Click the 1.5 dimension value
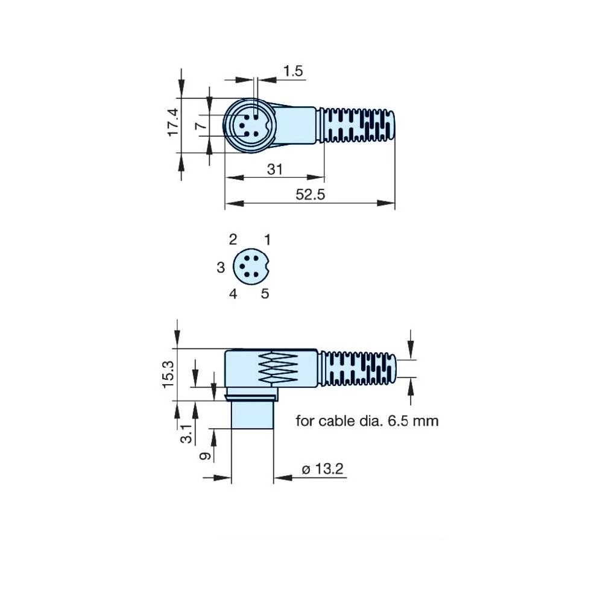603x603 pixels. [292, 71]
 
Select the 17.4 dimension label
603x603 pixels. [173, 122]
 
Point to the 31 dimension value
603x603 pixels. [274, 169]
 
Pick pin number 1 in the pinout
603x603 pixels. [268, 239]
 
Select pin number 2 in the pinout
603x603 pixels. [233, 239]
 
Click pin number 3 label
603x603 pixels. [221, 267]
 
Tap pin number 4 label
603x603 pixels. [233, 294]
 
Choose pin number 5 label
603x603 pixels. [265, 294]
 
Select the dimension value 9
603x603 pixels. [205, 456]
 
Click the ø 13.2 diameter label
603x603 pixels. [322, 469]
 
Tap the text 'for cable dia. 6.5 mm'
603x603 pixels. [367, 420]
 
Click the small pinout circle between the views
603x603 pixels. [252, 266]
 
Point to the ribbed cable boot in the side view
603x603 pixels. [358, 368]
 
